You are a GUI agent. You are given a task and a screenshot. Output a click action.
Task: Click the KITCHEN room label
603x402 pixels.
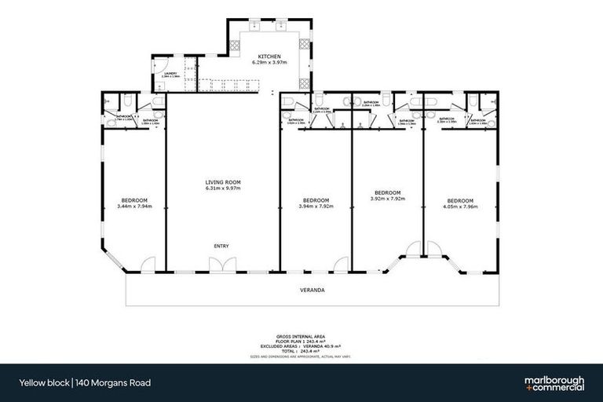click(265, 56)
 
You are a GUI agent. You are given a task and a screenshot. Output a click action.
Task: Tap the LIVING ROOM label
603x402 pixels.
click(222, 183)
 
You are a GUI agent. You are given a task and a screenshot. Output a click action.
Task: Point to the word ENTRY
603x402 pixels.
click(221, 247)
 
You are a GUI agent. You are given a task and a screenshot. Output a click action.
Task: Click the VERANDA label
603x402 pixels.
click(312, 290)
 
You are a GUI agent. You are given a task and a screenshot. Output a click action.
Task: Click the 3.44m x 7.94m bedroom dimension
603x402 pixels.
click(133, 206)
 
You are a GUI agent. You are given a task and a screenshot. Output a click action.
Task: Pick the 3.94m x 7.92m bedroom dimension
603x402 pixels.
click(316, 206)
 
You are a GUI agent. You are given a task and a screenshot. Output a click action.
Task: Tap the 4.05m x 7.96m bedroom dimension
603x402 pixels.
click(461, 206)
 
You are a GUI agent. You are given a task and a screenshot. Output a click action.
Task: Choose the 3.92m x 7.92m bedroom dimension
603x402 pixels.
click(387, 199)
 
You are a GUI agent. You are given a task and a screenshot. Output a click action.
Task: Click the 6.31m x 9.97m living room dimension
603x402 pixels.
click(222, 189)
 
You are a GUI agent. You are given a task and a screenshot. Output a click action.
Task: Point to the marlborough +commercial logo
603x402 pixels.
click(554, 382)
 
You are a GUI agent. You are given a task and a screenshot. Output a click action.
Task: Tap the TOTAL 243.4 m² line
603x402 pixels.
click(312, 350)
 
